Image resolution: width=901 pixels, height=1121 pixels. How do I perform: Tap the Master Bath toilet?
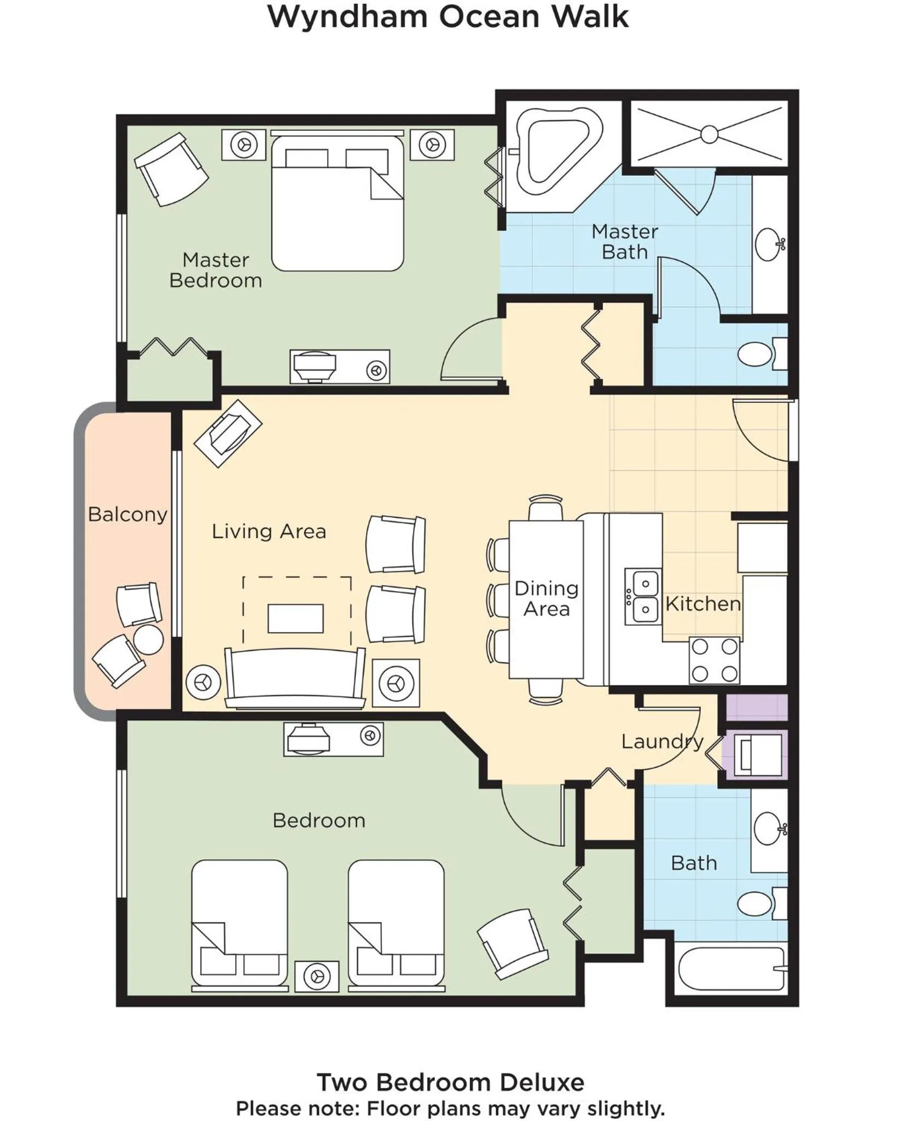tap(758, 354)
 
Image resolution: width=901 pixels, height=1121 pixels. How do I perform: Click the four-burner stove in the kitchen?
tap(714, 660)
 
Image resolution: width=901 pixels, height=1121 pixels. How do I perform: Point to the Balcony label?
tap(127, 515)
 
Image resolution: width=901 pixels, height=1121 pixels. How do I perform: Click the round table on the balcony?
tap(148, 639)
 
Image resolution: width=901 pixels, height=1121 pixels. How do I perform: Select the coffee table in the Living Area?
tap(295, 618)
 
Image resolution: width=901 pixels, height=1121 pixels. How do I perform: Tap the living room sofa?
tap(295, 679)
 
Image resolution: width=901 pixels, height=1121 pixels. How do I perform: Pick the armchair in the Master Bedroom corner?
tap(171, 169)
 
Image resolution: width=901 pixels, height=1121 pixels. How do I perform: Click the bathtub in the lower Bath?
tap(731, 969)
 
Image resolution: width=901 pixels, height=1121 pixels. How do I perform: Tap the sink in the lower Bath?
tap(769, 829)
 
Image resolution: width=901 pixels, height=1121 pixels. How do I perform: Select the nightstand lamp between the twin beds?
tap(317, 976)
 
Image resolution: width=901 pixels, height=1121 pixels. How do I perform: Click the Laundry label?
tap(662, 742)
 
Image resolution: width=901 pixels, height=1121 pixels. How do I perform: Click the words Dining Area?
tap(546, 598)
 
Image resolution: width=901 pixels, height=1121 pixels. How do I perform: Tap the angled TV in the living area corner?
tap(228, 434)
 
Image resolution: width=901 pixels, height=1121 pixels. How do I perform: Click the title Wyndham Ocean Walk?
tap(448, 17)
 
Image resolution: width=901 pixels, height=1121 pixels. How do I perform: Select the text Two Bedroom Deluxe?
tap(450, 1082)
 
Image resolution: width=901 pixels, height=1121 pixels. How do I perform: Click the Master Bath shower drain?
tap(709, 134)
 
